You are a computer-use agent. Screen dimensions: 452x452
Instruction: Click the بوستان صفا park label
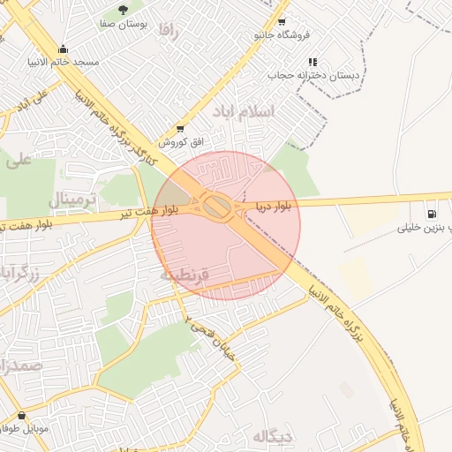(x=123, y=24)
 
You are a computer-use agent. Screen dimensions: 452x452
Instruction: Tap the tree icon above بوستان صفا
(x=123, y=10)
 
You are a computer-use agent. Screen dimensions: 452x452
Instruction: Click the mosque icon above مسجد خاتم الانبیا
(x=63, y=49)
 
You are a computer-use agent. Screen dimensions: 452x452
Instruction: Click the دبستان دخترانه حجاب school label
(x=313, y=76)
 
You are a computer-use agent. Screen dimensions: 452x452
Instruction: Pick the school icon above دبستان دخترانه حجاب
(x=313, y=63)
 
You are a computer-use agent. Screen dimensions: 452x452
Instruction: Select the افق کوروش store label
(x=181, y=142)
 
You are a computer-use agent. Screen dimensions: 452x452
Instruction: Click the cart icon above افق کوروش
(x=181, y=129)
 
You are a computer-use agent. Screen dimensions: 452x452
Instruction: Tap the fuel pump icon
(x=432, y=213)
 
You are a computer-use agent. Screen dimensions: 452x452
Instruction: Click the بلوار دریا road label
(x=275, y=206)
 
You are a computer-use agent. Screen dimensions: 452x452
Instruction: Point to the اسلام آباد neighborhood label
(x=244, y=112)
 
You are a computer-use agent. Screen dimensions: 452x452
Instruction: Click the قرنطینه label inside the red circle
(x=185, y=275)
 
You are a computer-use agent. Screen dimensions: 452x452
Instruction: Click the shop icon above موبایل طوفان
(x=21, y=415)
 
